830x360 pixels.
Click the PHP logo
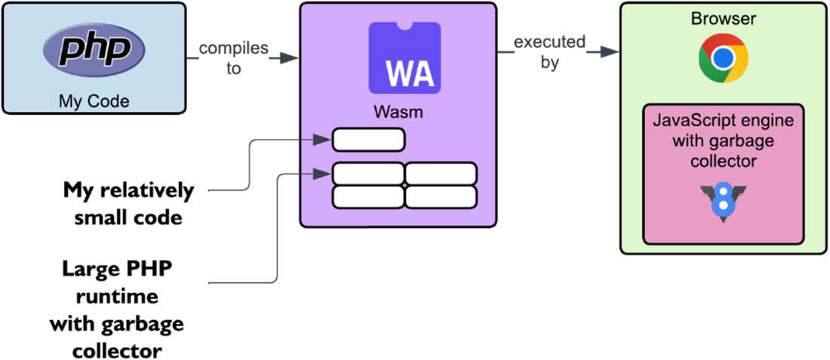coord(94,51)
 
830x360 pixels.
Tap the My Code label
coord(94,100)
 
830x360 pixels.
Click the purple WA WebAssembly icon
coord(404,58)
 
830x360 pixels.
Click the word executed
coord(549,42)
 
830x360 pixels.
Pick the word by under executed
coord(550,63)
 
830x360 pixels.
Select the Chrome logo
coord(723,59)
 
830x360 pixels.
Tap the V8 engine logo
coord(723,203)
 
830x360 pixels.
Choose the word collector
coord(723,162)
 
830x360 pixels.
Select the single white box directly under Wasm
coord(369,140)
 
